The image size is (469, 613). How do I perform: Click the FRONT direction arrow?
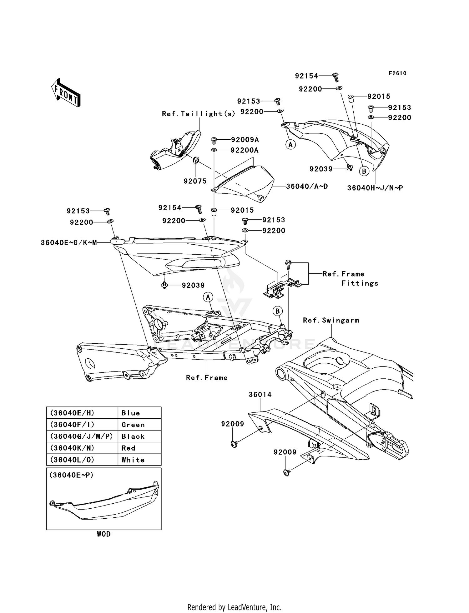[x=66, y=93]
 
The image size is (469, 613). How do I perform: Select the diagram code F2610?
[x=397, y=73]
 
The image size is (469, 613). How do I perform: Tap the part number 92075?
[x=195, y=181]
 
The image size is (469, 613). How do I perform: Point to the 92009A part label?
[x=245, y=140]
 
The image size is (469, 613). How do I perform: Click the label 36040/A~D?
[x=307, y=187]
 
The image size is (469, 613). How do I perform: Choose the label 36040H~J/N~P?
[x=375, y=188]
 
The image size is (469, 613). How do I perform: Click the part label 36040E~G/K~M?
[x=69, y=242]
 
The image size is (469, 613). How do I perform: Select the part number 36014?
[x=260, y=395]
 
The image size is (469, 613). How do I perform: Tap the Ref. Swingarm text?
[x=331, y=320]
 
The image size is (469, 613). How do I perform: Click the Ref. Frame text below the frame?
[x=207, y=378]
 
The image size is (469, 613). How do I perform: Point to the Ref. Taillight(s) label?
[x=198, y=114]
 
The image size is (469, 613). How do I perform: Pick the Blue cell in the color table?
[x=131, y=413]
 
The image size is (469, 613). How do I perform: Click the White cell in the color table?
[x=133, y=460]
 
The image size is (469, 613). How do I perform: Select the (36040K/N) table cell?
[x=72, y=448]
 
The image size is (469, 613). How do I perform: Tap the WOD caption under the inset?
[x=103, y=534]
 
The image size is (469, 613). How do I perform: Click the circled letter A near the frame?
[x=208, y=297]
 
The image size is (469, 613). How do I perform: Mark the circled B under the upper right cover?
[x=364, y=171]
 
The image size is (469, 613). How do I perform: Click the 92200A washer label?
[x=245, y=150]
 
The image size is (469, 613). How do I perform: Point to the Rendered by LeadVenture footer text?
[x=234, y=607]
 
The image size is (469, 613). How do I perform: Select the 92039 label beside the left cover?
[x=193, y=285]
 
